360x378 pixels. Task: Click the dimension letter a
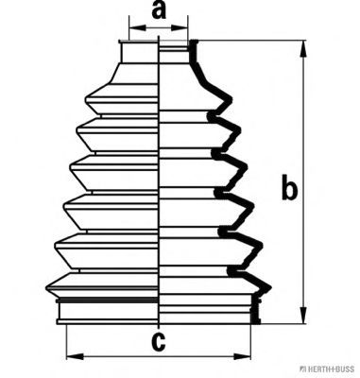(x=159, y=10)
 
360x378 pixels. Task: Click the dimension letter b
(x=289, y=186)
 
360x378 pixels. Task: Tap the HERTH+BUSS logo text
(x=329, y=369)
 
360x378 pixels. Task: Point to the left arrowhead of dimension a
(x=137, y=27)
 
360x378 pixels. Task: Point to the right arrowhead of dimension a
(x=180, y=27)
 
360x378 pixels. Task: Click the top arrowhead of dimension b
(x=303, y=48)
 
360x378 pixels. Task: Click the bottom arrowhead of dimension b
(x=303, y=315)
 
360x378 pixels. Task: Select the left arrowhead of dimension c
(x=75, y=356)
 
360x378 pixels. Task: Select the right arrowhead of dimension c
(x=242, y=356)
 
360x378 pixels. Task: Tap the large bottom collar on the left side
(x=108, y=311)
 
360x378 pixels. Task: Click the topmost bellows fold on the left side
(x=122, y=99)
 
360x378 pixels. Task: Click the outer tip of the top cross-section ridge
(x=231, y=99)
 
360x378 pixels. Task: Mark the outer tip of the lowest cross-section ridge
(x=270, y=287)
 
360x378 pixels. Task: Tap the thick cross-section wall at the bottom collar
(x=255, y=310)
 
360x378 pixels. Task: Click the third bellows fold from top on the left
(x=114, y=172)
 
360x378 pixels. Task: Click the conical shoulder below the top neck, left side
(x=134, y=74)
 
